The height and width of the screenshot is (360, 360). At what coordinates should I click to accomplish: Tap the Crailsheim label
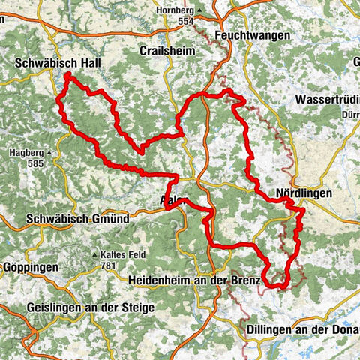[x=166, y=50]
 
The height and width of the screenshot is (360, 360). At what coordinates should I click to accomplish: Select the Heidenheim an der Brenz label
[x=193, y=280]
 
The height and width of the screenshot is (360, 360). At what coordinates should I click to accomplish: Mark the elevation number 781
[x=111, y=265]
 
